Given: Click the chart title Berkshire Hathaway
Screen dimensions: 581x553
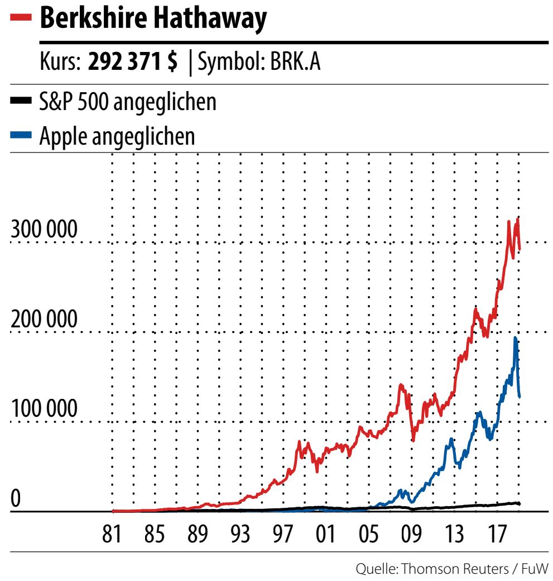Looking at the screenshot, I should point(153,19).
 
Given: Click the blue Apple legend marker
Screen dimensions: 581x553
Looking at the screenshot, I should point(22,135).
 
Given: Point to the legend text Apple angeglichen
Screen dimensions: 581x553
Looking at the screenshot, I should point(118,136).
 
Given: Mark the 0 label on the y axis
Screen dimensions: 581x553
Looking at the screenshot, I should point(16,498).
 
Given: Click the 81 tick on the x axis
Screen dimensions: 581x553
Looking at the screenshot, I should point(112,535).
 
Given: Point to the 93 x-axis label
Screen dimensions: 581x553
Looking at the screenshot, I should point(241,535).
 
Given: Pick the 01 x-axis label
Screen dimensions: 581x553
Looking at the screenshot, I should point(326,535).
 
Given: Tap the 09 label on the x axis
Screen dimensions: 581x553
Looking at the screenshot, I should point(412,535).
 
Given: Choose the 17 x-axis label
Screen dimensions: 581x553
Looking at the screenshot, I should point(497,535).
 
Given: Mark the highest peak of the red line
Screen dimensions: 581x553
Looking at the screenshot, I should point(518,218).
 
